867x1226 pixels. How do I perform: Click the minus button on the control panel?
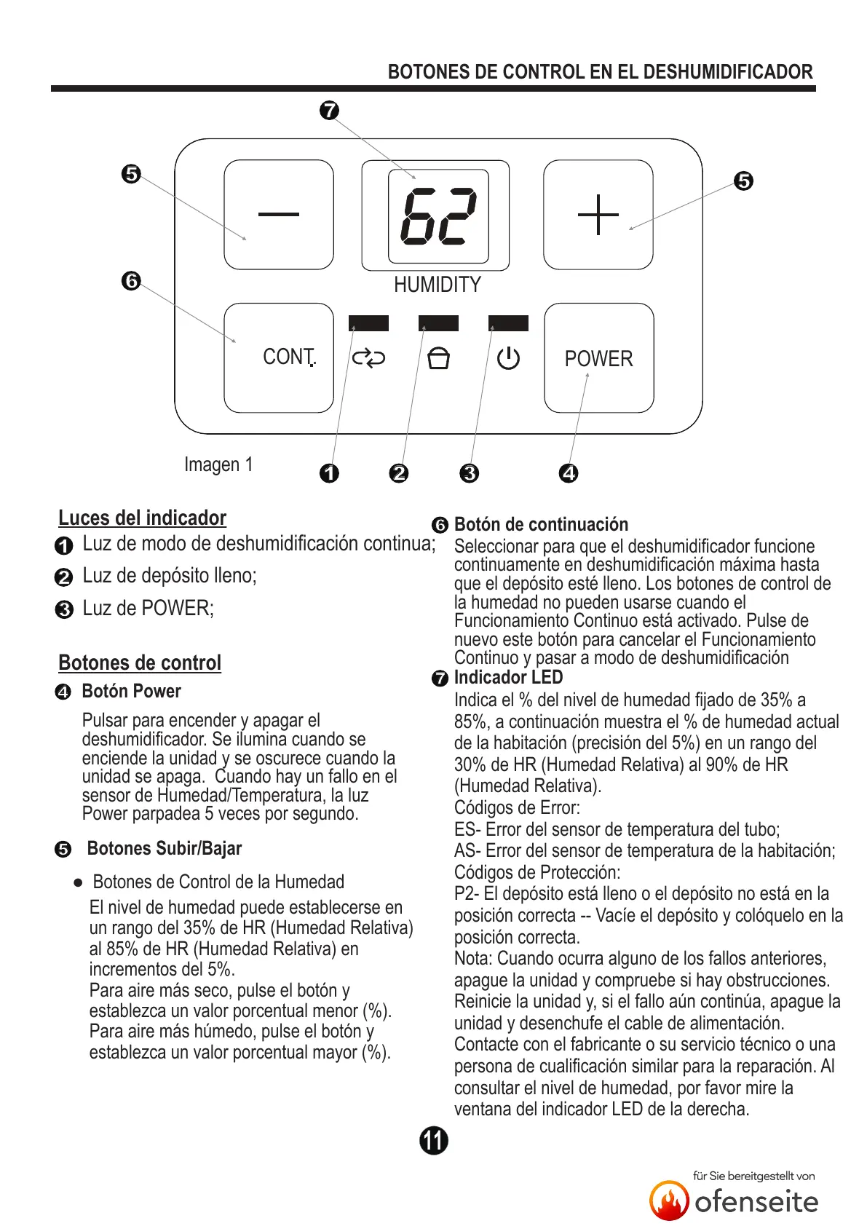pyautogui.click(x=279, y=215)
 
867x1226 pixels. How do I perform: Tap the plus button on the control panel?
pyautogui.click(x=598, y=215)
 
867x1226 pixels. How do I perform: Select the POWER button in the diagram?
pyautogui.click(x=598, y=358)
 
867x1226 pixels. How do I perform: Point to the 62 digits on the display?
pyautogui.click(x=438, y=216)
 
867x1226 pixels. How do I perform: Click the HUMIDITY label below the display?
pyautogui.click(x=438, y=285)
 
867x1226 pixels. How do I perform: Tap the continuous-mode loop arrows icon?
pyautogui.click(x=368, y=358)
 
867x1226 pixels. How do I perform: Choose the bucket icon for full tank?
pyautogui.click(x=438, y=358)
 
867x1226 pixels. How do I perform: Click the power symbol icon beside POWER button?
pyautogui.click(x=508, y=358)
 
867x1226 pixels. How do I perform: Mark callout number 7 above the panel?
pyautogui.click(x=330, y=111)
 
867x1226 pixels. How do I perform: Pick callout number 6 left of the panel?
pyautogui.click(x=131, y=280)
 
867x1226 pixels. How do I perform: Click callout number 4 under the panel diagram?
pyautogui.click(x=569, y=473)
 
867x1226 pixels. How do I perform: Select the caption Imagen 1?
pyautogui.click(x=218, y=464)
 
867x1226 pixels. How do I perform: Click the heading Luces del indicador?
pyautogui.click(x=142, y=518)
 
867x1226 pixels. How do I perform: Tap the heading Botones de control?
pyautogui.click(x=140, y=663)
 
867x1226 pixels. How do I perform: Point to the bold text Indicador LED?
pyautogui.click(x=508, y=677)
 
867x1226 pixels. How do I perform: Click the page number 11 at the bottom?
pyautogui.click(x=434, y=1140)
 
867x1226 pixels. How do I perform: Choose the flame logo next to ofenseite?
pyautogui.click(x=669, y=1201)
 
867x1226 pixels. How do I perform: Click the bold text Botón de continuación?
pyautogui.click(x=541, y=524)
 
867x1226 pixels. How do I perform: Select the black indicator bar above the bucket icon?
pyautogui.click(x=438, y=323)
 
